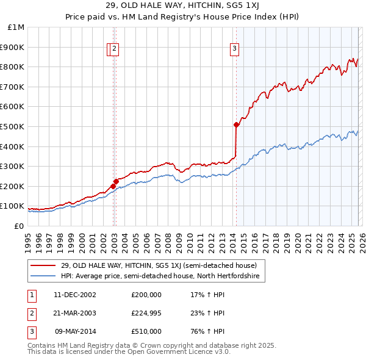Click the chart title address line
tap(184, 5)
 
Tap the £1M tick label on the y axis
tap(16, 27)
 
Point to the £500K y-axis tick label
tap(13, 126)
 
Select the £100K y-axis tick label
tap(13, 206)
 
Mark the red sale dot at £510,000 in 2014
tap(236, 124)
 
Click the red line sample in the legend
tap(44, 265)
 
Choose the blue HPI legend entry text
tap(160, 276)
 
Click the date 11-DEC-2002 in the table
tap(75, 294)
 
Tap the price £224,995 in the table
tap(146, 313)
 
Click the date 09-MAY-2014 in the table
tap(75, 332)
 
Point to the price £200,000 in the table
tap(146, 294)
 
